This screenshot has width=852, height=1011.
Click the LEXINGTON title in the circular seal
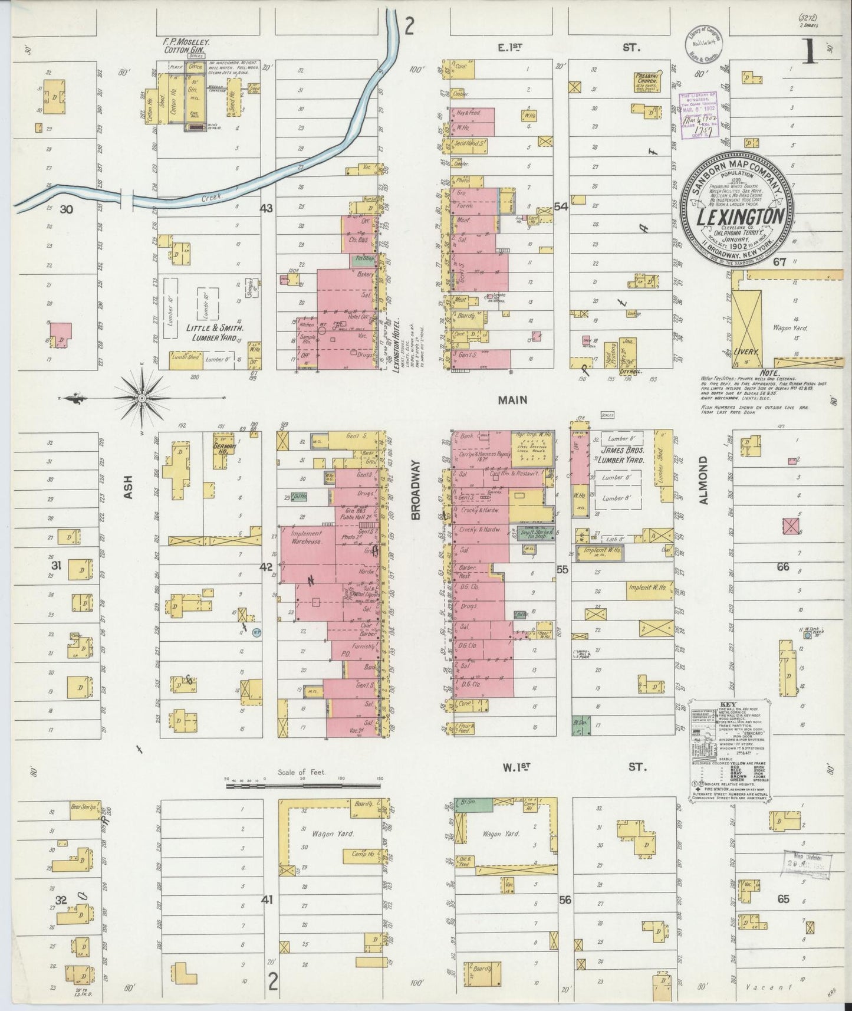[741, 217]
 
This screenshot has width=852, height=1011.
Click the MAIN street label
[512, 400]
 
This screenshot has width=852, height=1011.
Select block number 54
[560, 207]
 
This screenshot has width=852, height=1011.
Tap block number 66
[782, 567]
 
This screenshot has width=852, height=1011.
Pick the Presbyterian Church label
[650, 80]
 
